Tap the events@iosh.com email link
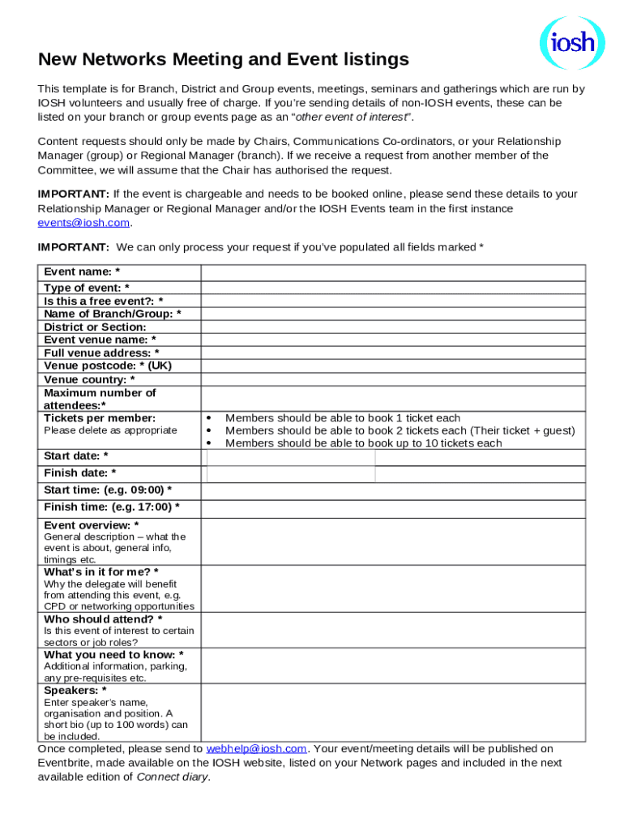(83, 222)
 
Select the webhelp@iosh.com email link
(256, 749)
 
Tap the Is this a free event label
(103, 301)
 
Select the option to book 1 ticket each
(342, 418)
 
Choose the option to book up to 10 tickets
(363, 443)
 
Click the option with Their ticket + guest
(400, 430)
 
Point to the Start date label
(76, 456)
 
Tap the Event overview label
(91, 525)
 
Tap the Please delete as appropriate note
(110, 430)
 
